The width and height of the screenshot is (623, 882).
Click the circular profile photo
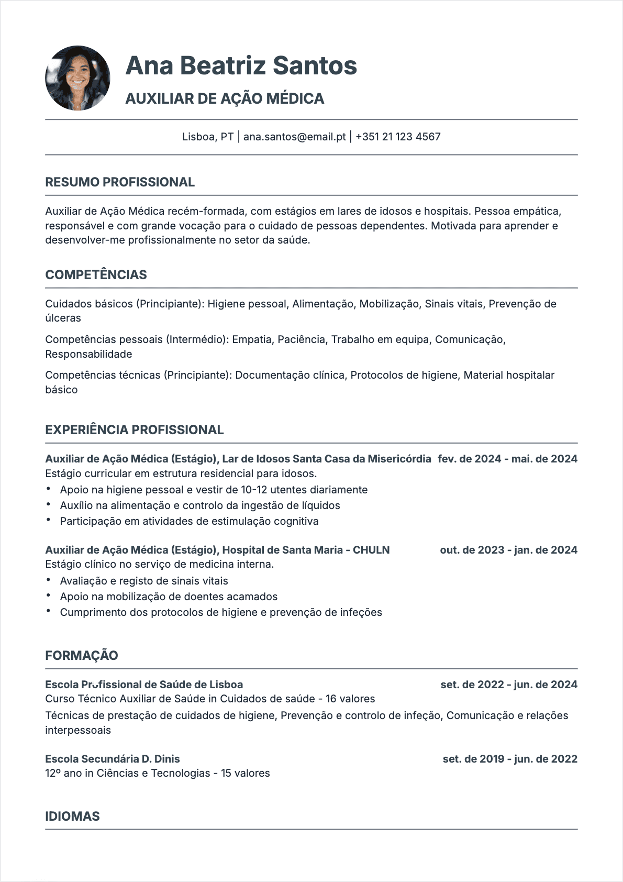click(x=77, y=78)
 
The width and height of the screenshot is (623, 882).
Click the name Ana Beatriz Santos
click(x=241, y=66)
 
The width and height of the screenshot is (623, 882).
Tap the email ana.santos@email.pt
click(x=294, y=137)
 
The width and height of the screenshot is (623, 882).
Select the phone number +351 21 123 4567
click(x=398, y=137)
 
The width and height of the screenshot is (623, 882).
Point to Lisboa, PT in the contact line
click(x=208, y=137)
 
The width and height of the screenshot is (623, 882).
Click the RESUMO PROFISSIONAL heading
click(x=120, y=182)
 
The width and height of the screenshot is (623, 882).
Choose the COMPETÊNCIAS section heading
click(x=96, y=275)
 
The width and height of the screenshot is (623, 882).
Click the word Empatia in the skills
click(x=252, y=339)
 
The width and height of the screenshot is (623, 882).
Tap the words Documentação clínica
click(x=290, y=375)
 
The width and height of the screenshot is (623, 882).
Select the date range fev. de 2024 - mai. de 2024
click(x=507, y=459)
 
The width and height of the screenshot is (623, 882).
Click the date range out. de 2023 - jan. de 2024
click(x=508, y=550)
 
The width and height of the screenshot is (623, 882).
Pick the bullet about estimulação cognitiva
click(x=189, y=521)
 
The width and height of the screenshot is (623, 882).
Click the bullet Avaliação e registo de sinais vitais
click(x=144, y=581)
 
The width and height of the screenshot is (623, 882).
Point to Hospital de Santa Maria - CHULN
click(x=306, y=550)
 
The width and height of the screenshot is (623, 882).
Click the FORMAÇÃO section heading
click(x=82, y=656)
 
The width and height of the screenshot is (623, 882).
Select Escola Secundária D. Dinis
click(x=113, y=759)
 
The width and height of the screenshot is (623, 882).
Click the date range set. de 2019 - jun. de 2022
click(x=510, y=759)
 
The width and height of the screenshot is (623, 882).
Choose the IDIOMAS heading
click(x=72, y=817)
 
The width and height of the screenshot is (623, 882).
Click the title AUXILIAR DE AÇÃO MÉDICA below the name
click(x=225, y=98)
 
